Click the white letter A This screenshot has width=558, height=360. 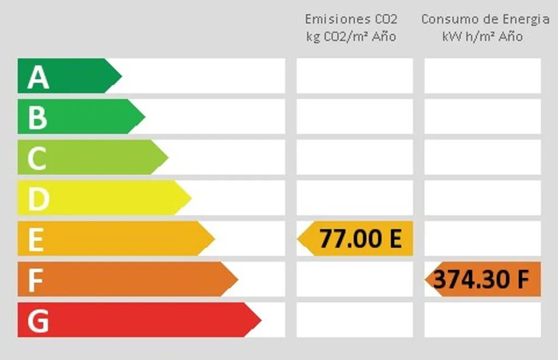[x=38, y=77]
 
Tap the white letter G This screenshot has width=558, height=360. [x=38, y=321]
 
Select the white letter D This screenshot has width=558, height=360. [x=39, y=199]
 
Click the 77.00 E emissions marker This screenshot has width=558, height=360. [x=355, y=239]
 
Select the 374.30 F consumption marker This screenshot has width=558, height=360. [x=483, y=279]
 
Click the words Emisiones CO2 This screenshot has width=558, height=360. [x=351, y=19]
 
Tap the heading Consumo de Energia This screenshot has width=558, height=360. [x=485, y=19]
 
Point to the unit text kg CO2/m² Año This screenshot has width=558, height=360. [x=351, y=36]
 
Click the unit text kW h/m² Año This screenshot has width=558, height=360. [x=483, y=36]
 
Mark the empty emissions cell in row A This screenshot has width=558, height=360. [x=355, y=76]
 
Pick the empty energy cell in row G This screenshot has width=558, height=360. [x=483, y=320]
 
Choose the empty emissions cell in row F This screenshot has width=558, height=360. [x=355, y=279]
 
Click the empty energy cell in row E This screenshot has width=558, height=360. [x=483, y=239]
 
